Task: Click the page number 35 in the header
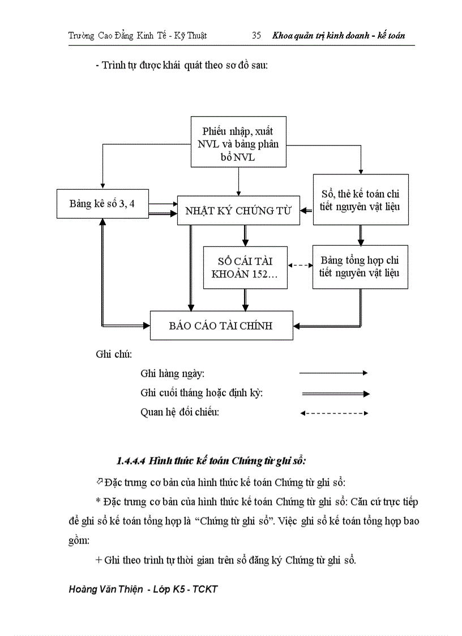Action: pyautogui.click(x=256, y=36)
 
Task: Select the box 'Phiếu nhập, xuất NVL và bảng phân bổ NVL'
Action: pyautogui.click(x=238, y=142)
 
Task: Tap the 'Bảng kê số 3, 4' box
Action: pyautogui.click(x=102, y=203)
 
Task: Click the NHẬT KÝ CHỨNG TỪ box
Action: pyautogui.click(x=238, y=211)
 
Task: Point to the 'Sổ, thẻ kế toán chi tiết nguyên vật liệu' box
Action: pyautogui.click(x=360, y=199)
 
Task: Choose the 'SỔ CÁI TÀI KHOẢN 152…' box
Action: pyautogui.click(x=245, y=268)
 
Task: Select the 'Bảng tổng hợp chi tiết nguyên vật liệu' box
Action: pyautogui.click(x=360, y=267)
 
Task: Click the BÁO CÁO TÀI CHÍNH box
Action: pyautogui.click(x=221, y=326)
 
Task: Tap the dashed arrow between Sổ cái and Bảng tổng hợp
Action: pyautogui.click(x=300, y=265)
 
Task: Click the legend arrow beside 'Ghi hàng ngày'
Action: pyautogui.click(x=333, y=373)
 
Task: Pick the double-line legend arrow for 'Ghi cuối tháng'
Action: pyautogui.click(x=335, y=394)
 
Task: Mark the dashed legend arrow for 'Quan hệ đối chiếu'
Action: pyautogui.click(x=334, y=413)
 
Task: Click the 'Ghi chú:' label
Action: pyautogui.click(x=114, y=355)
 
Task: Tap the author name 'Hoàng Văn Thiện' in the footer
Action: pyautogui.click(x=105, y=589)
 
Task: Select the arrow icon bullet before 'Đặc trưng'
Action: pyautogui.click(x=100, y=481)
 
